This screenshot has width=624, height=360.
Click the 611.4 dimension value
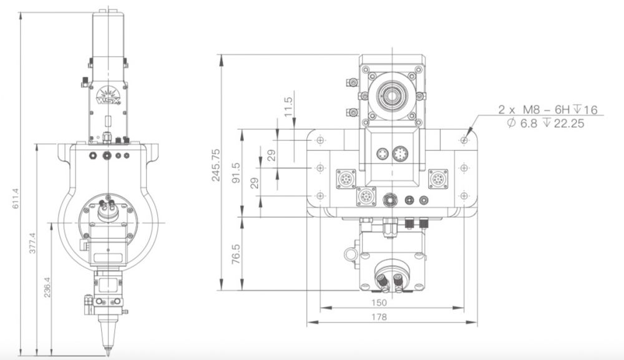click(x=16, y=199)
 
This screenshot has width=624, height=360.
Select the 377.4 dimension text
click(x=32, y=243)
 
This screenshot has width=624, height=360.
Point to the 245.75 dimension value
click(x=216, y=165)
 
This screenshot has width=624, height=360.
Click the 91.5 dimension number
click(x=236, y=173)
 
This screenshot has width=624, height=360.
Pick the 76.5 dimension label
click(x=236, y=254)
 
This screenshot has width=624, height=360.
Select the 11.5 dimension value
click(x=288, y=107)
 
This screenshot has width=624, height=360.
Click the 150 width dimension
click(x=379, y=303)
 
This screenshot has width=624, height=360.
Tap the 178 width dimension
click(x=379, y=317)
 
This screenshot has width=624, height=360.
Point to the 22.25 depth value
click(x=569, y=124)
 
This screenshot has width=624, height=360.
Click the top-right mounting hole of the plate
click(x=464, y=140)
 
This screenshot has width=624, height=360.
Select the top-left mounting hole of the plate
click(x=321, y=140)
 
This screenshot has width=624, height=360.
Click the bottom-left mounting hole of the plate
click(x=321, y=196)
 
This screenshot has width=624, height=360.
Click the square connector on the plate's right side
click(x=438, y=178)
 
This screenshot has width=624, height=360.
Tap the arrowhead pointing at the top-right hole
click(x=469, y=131)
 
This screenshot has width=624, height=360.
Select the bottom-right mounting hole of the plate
click(x=464, y=196)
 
